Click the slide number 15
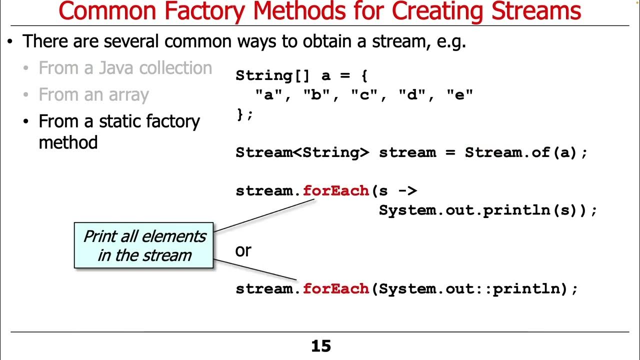(321, 346)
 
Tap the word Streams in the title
(536, 11)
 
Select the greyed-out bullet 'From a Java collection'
(125, 68)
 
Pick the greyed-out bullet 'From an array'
(93, 95)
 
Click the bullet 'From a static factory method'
(119, 131)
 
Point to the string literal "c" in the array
(364, 95)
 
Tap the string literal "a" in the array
(269, 95)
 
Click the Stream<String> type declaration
(302, 152)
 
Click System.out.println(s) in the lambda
(482, 210)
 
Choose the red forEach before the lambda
(335, 190)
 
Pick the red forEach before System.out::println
(335, 288)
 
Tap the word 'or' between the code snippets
(243, 250)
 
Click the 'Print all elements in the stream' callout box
(144, 245)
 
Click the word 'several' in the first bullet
(131, 41)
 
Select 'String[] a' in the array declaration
(283, 76)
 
